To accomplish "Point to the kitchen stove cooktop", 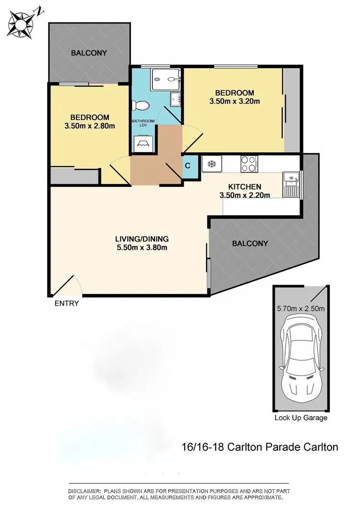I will click(x=249, y=163).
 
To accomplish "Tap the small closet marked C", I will click(x=188, y=166).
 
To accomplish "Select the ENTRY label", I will click(x=67, y=303).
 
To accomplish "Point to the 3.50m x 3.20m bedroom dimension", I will click(x=234, y=101).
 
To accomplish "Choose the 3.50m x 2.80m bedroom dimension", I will click(x=90, y=126).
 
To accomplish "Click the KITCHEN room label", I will click(x=244, y=187).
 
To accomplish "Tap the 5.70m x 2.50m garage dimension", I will click(x=301, y=308).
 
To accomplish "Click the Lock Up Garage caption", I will click(x=301, y=418).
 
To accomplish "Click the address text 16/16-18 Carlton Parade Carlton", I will click(x=260, y=447).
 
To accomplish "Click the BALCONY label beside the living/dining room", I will click(x=250, y=243).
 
